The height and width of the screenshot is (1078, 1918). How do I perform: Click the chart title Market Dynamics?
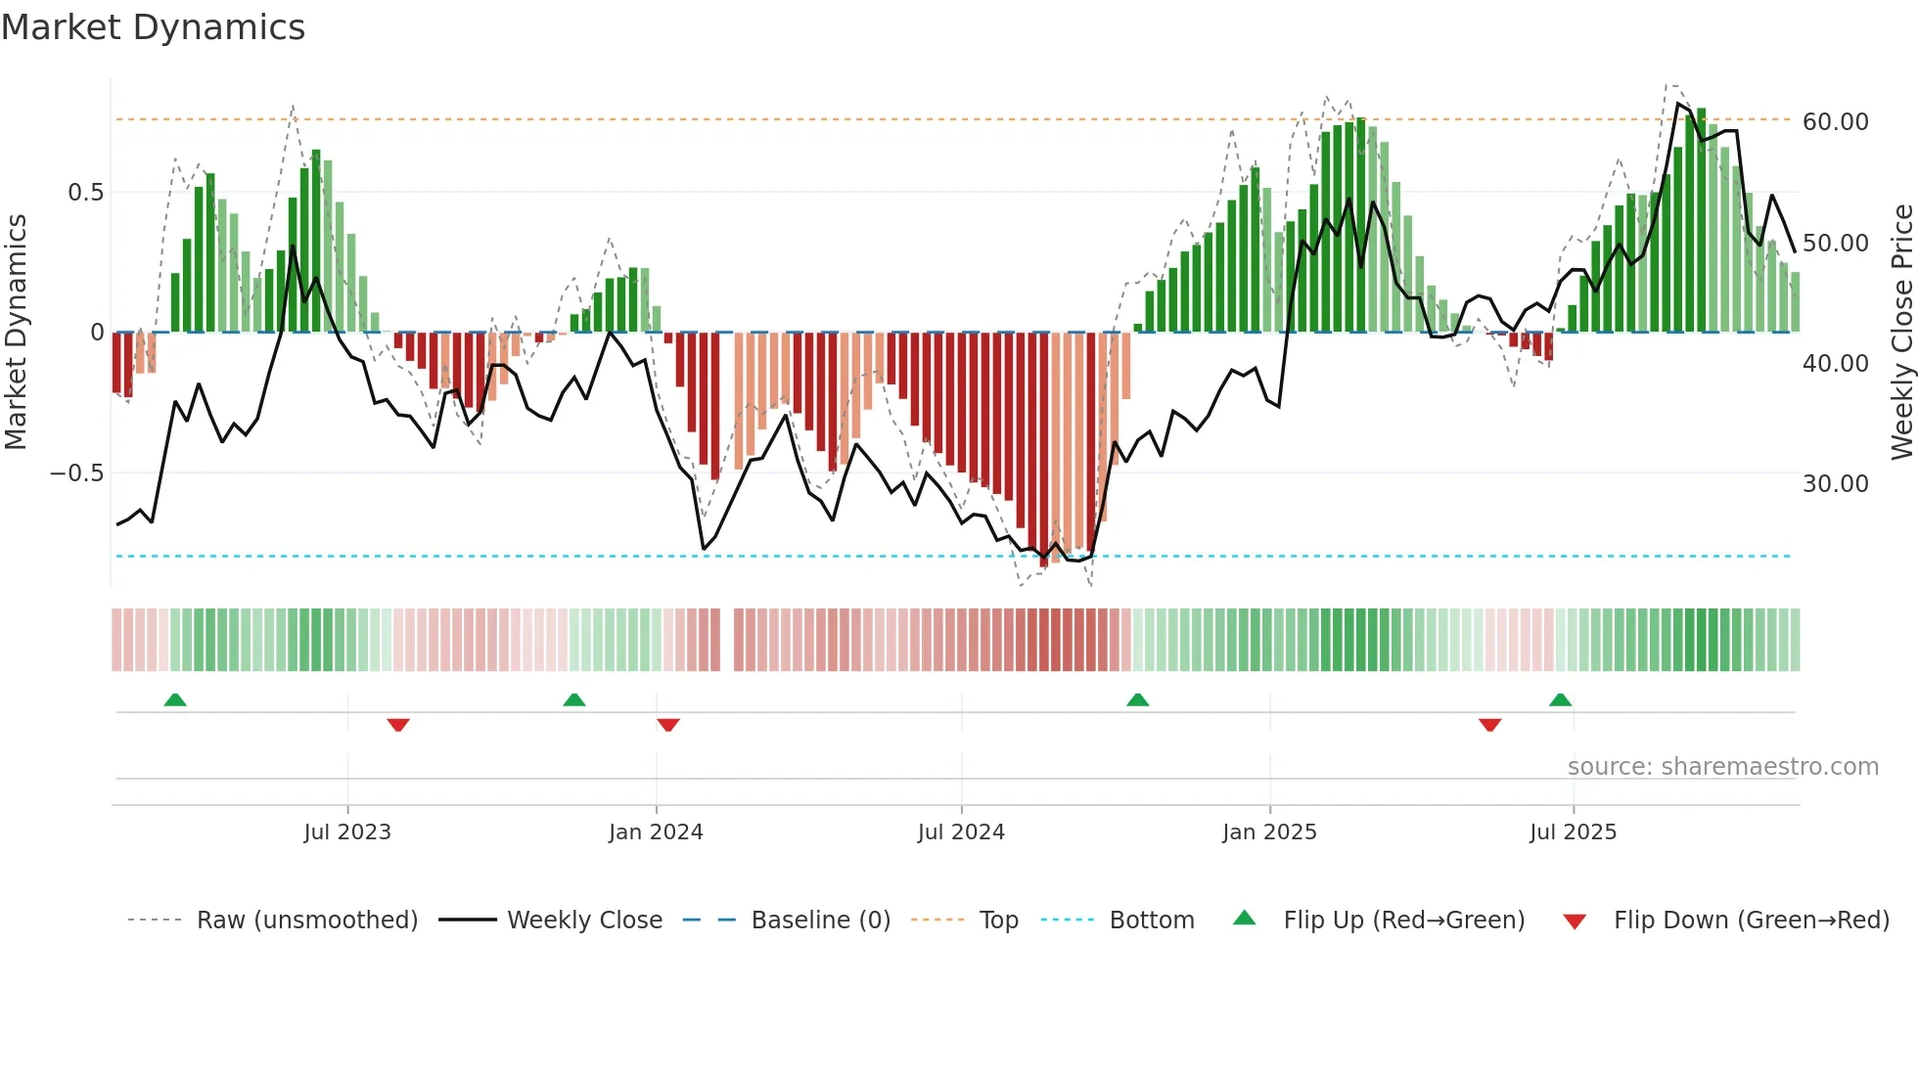tap(153, 27)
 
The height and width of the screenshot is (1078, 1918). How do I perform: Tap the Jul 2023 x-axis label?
tap(347, 832)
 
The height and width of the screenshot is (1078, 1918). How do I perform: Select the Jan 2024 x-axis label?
tap(656, 832)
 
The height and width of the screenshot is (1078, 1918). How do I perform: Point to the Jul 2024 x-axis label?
tap(961, 832)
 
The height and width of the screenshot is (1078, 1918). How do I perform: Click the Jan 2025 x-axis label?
tap(1269, 832)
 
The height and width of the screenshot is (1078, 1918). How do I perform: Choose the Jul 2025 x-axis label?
tap(1573, 832)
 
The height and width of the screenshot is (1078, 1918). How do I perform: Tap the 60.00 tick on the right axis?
tap(1835, 122)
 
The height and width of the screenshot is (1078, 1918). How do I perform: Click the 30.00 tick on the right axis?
tap(1835, 484)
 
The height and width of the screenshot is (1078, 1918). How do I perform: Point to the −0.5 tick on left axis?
tap(76, 473)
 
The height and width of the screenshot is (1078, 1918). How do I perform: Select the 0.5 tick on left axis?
tap(85, 193)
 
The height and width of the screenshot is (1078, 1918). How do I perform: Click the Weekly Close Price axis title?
tap(1901, 332)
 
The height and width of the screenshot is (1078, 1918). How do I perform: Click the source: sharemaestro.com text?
tap(1722, 767)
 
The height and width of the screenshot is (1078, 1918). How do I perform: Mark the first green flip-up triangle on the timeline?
tap(175, 700)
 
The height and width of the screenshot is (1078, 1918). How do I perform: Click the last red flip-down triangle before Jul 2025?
tap(1489, 725)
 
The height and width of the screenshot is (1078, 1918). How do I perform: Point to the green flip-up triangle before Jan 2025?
tap(1137, 700)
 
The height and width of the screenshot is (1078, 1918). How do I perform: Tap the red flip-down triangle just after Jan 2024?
tap(668, 725)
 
